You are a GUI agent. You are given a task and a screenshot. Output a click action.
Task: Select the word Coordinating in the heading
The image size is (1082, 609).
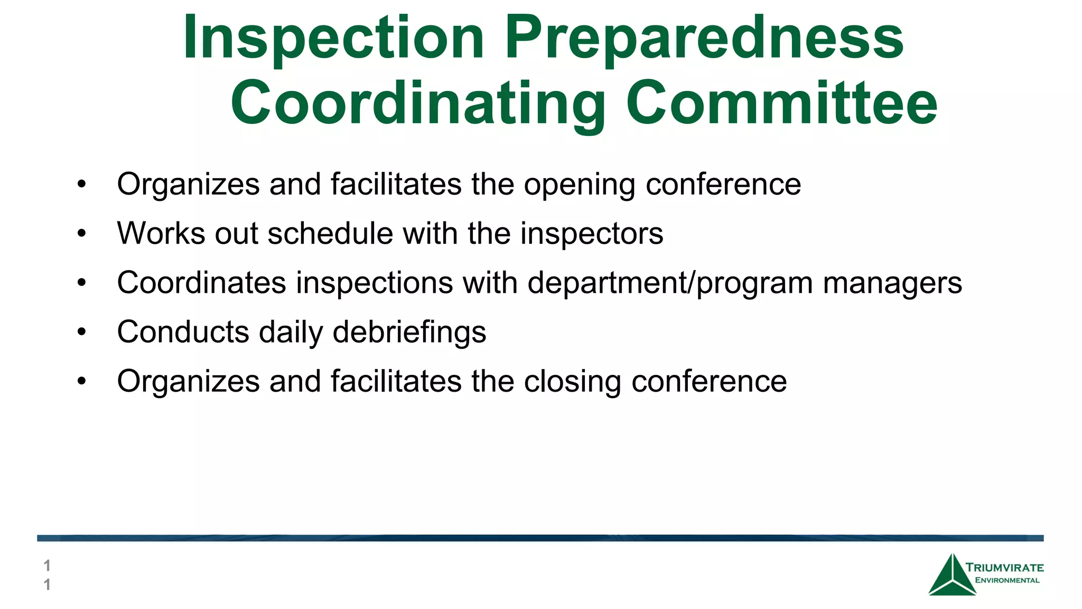(418, 104)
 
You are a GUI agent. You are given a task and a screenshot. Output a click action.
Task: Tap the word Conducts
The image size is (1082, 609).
(183, 332)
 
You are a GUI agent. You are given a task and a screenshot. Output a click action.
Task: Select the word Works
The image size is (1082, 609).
(161, 234)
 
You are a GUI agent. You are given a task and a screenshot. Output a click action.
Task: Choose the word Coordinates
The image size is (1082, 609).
(201, 283)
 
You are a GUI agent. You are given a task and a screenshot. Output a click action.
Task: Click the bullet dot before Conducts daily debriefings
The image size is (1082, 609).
(81, 332)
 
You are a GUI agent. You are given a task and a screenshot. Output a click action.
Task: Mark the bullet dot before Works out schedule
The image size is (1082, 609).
(81, 234)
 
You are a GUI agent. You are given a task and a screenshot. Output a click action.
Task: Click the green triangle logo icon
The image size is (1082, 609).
(952, 576)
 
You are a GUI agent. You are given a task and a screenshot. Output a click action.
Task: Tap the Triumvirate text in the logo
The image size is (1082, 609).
(1004, 568)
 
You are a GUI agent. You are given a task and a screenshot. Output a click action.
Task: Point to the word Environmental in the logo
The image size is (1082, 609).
(1007, 580)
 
